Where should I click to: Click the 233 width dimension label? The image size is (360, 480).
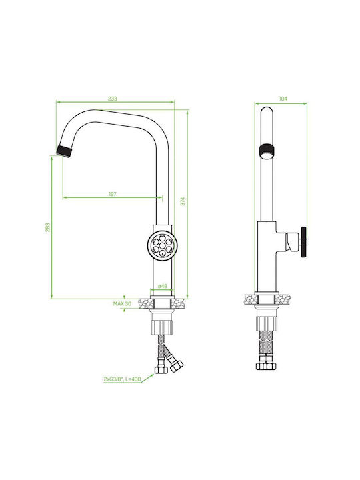click(x=113, y=99)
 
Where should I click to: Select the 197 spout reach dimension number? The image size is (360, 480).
click(x=113, y=194)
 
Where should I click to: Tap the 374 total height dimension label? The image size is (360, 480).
click(x=183, y=201)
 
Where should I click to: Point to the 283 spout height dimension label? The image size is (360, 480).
click(x=47, y=227)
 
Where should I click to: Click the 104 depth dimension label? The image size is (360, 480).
click(x=283, y=99)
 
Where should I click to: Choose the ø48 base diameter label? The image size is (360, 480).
click(x=163, y=286)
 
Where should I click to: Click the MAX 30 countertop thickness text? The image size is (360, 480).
click(x=122, y=304)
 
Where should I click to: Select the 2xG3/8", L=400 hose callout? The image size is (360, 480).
click(x=122, y=379)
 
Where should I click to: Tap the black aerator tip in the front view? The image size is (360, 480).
click(x=65, y=151)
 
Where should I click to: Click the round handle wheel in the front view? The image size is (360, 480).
click(x=162, y=245)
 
